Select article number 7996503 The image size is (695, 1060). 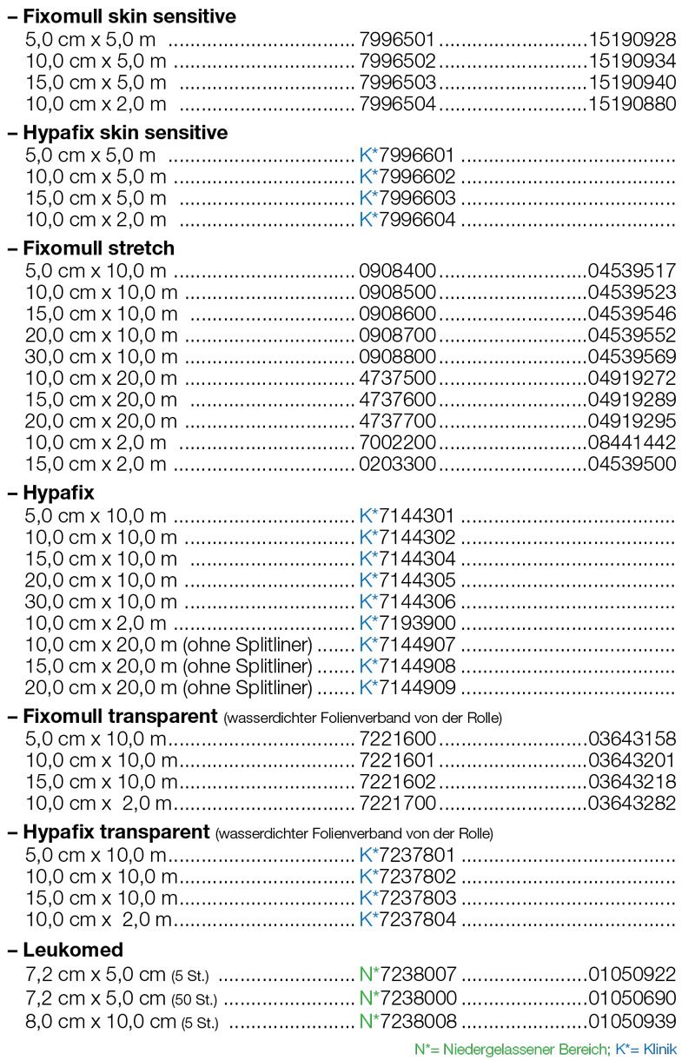click(x=398, y=83)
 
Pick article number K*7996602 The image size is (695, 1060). click(x=407, y=177)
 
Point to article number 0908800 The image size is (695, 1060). click(x=398, y=357)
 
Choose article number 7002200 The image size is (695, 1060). click(x=398, y=442)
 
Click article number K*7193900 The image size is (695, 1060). click(x=407, y=624)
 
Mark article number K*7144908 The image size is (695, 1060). click(x=407, y=667)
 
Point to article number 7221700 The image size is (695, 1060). click(x=398, y=804)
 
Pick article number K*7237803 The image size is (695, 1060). click(x=407, y=898)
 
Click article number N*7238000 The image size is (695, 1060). click(x=407, y=998)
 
